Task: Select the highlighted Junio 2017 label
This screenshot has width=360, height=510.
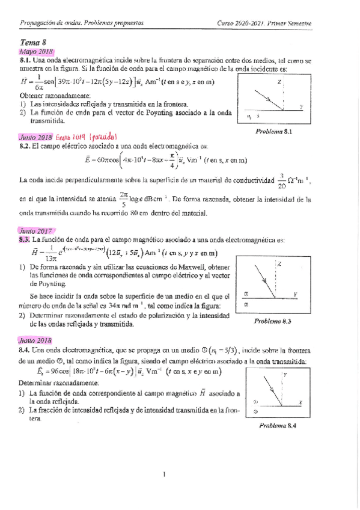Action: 36,230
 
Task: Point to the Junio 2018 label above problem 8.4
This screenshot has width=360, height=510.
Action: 36,339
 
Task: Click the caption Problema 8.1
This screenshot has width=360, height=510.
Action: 273,131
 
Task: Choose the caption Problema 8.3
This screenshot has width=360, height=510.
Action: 272,322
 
